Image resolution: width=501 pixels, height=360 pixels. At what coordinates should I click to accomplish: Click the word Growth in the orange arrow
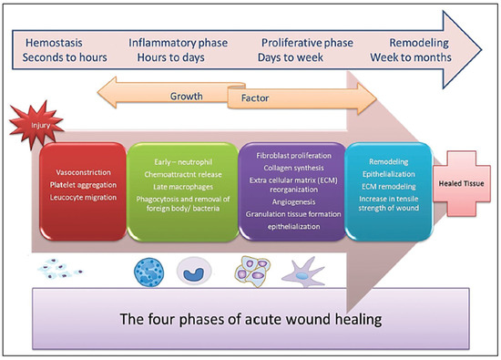tap(187, 95)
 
